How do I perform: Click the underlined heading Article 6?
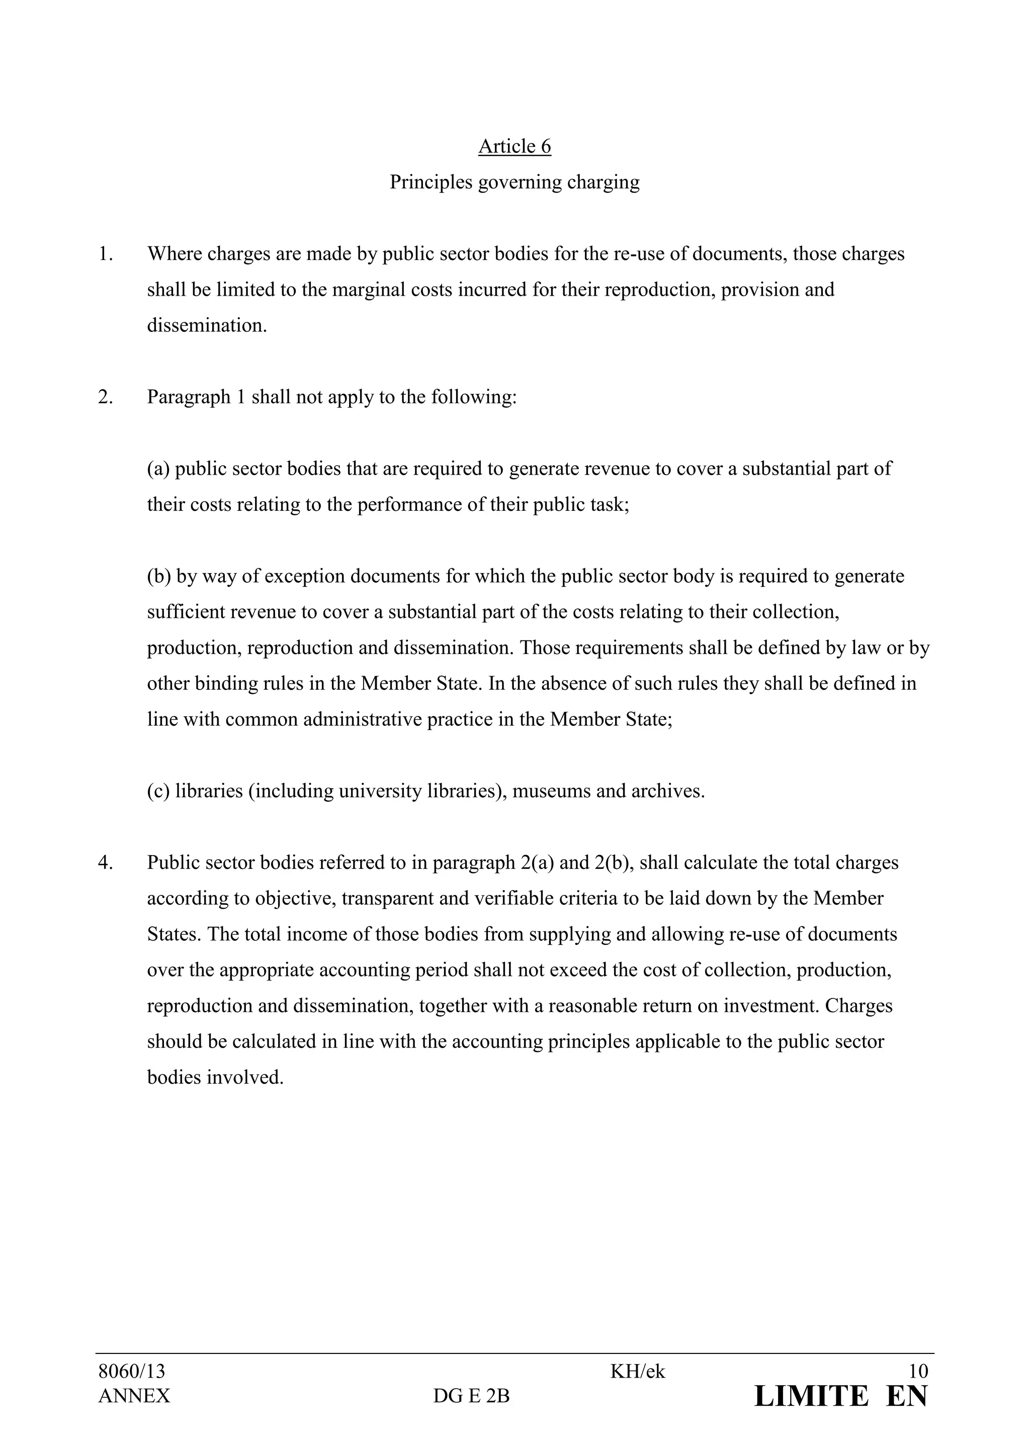click(x=514, y=146)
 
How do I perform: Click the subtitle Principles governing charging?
click(x=514, y=183)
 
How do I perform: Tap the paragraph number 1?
click(x=105, y=254)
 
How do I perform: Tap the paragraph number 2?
click(x=105, y=398)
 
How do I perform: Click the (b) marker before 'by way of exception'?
click(x=159, y=577)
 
